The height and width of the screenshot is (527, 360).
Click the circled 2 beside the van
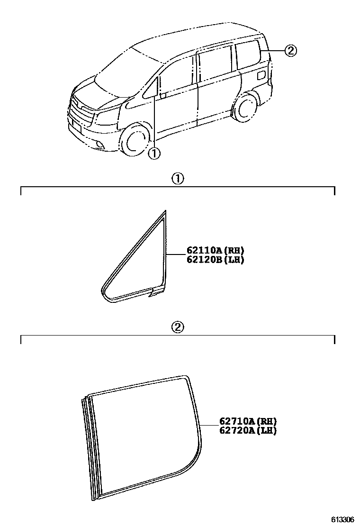pyautogui.click(x=291, y=51)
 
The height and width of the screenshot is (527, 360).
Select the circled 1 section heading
pyautogui.click(x=177, y=179)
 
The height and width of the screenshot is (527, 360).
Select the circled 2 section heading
pyautogui.click(x=177, y=327)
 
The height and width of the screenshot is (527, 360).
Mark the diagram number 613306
pyautogui.click(x=342, y=519)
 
